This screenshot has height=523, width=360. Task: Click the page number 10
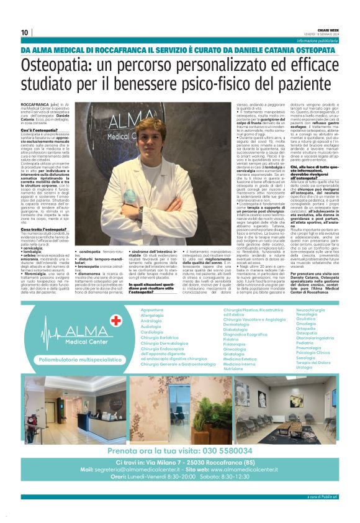click(24, 33)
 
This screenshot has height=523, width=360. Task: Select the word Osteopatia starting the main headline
click(59, 65)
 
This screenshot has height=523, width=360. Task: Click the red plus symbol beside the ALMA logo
click(115, 321)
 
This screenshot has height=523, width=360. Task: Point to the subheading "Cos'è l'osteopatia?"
click(38, 129)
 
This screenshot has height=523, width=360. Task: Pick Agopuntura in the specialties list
click(151, 309)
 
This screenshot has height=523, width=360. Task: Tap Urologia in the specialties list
click(287, 367)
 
